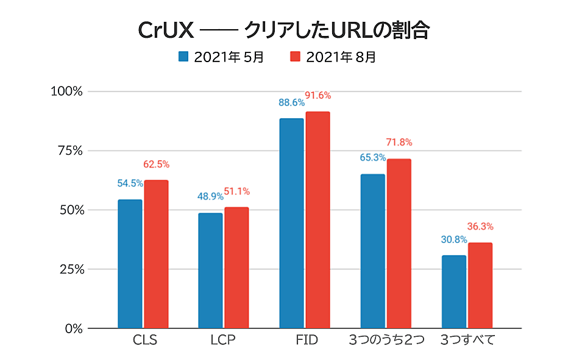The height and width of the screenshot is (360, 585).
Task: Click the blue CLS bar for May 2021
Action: click(x=130, y=263)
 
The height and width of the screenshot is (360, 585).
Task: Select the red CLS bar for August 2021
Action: click(x=156, y=254)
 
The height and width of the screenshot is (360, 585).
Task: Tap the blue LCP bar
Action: click(x=210, y=270)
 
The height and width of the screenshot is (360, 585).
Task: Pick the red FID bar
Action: click(x=317, y=220)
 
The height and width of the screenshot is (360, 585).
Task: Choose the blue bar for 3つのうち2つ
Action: click(x=372, y=251)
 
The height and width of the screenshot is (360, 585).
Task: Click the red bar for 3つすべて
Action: click(x=480, y=285)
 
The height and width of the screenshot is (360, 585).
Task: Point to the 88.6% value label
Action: click(x=291, y=104)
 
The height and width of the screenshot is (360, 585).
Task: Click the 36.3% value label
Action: click(x=480, y=227)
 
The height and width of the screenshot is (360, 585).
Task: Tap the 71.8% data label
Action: click(x=399, y=143)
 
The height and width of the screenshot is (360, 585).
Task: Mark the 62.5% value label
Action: click(x=156, y=164)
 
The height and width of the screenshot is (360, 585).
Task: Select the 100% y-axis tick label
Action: click(x=66, y=91)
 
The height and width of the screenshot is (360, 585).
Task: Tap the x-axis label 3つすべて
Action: click(x=467, y=340)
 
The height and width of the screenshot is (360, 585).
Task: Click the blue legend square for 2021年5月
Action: click(x=183, y=57)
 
